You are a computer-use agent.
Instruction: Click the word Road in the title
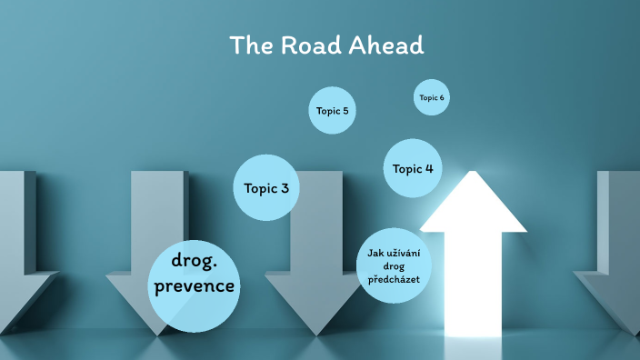304,45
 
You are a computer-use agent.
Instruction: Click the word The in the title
247,45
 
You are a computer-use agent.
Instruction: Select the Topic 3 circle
266,188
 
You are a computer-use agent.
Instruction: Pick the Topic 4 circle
413,168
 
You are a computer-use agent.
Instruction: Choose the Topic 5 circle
332,111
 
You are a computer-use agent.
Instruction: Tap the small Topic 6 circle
432,97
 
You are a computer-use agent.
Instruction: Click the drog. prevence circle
195,285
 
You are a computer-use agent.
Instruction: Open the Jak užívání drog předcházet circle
394,265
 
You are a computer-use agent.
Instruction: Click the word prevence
195,288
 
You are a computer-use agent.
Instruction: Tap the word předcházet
394,280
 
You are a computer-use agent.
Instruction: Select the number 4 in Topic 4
429,168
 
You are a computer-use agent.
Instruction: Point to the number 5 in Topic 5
345,111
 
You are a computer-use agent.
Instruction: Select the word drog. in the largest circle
194,263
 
